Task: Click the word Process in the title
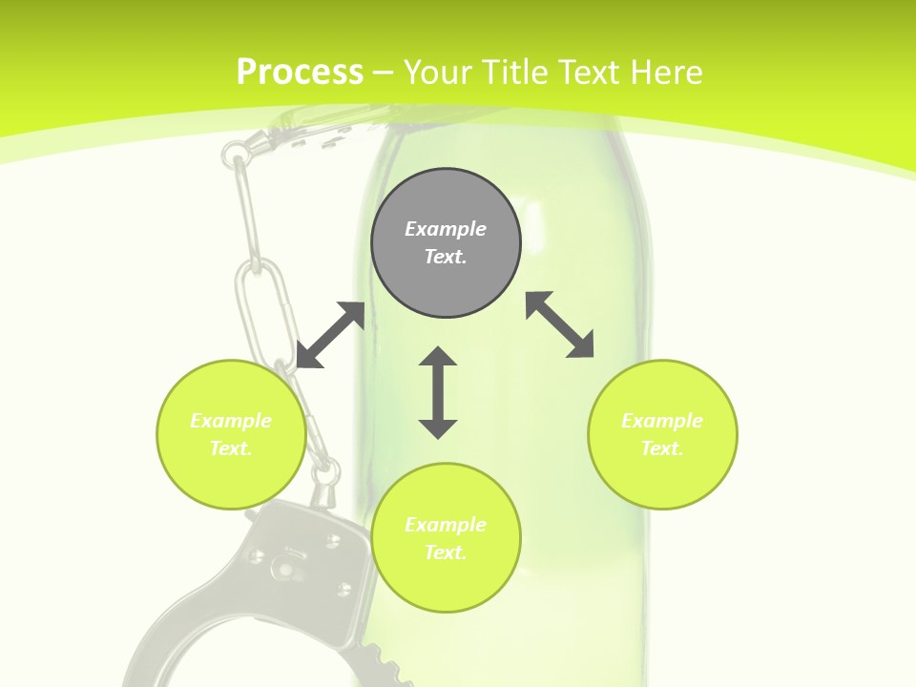(300, 73)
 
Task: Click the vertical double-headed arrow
(438, 392)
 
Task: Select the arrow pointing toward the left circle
(330, 335)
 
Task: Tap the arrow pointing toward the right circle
(560, 324)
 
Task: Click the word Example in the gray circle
(446, 229)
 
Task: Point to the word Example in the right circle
(662, 421)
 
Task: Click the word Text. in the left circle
(231, 448)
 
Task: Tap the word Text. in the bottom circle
(446, 552)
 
